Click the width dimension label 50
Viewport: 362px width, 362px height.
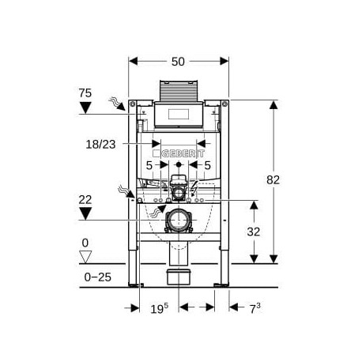tap(178, 62)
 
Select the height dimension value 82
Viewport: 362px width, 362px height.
tap(273, 180)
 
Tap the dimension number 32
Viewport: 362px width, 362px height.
tap(254, 232)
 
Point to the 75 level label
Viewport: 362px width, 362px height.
tap(85, 93)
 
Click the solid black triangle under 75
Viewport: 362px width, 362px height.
tap(85, 107)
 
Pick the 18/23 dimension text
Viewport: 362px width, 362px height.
tap(100, 145)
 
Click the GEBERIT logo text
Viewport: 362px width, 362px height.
tap(179, 153)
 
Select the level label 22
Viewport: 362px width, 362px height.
tap(85, 200)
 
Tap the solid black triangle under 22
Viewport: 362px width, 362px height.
tap(85, 213)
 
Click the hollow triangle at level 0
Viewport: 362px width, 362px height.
tap(85, 257)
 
